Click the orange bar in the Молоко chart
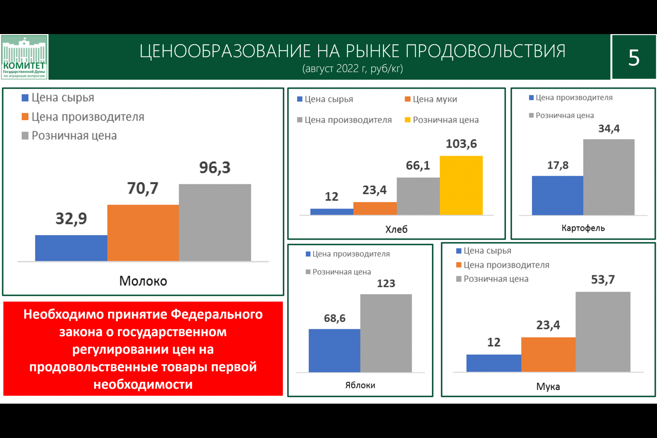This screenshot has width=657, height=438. tap(143, 233)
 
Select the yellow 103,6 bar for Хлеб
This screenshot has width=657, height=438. tap(461, 185)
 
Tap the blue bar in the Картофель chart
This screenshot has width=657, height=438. tap(557, 195)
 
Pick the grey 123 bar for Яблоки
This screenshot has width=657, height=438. tap(386, 333)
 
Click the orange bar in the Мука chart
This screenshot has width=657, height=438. tap(548, 355)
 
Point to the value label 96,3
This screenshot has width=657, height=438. tap(215, 167)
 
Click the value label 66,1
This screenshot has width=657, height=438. tap(418, 165)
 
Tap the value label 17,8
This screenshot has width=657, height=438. tap(558, 165)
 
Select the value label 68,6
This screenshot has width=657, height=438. tap(334, 318)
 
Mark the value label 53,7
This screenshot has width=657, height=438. tap(602, 280)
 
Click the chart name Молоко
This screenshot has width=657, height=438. tap(143, 281)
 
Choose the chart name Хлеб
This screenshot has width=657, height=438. tap(396, 229)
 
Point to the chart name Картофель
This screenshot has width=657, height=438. tap(583, 228)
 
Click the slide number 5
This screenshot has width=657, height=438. tap(634, 57)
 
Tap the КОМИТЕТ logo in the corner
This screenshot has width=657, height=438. tap(24, 57)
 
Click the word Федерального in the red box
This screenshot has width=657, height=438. tap(216, 314)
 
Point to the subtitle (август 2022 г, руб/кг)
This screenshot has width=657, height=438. tap(352, 68)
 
